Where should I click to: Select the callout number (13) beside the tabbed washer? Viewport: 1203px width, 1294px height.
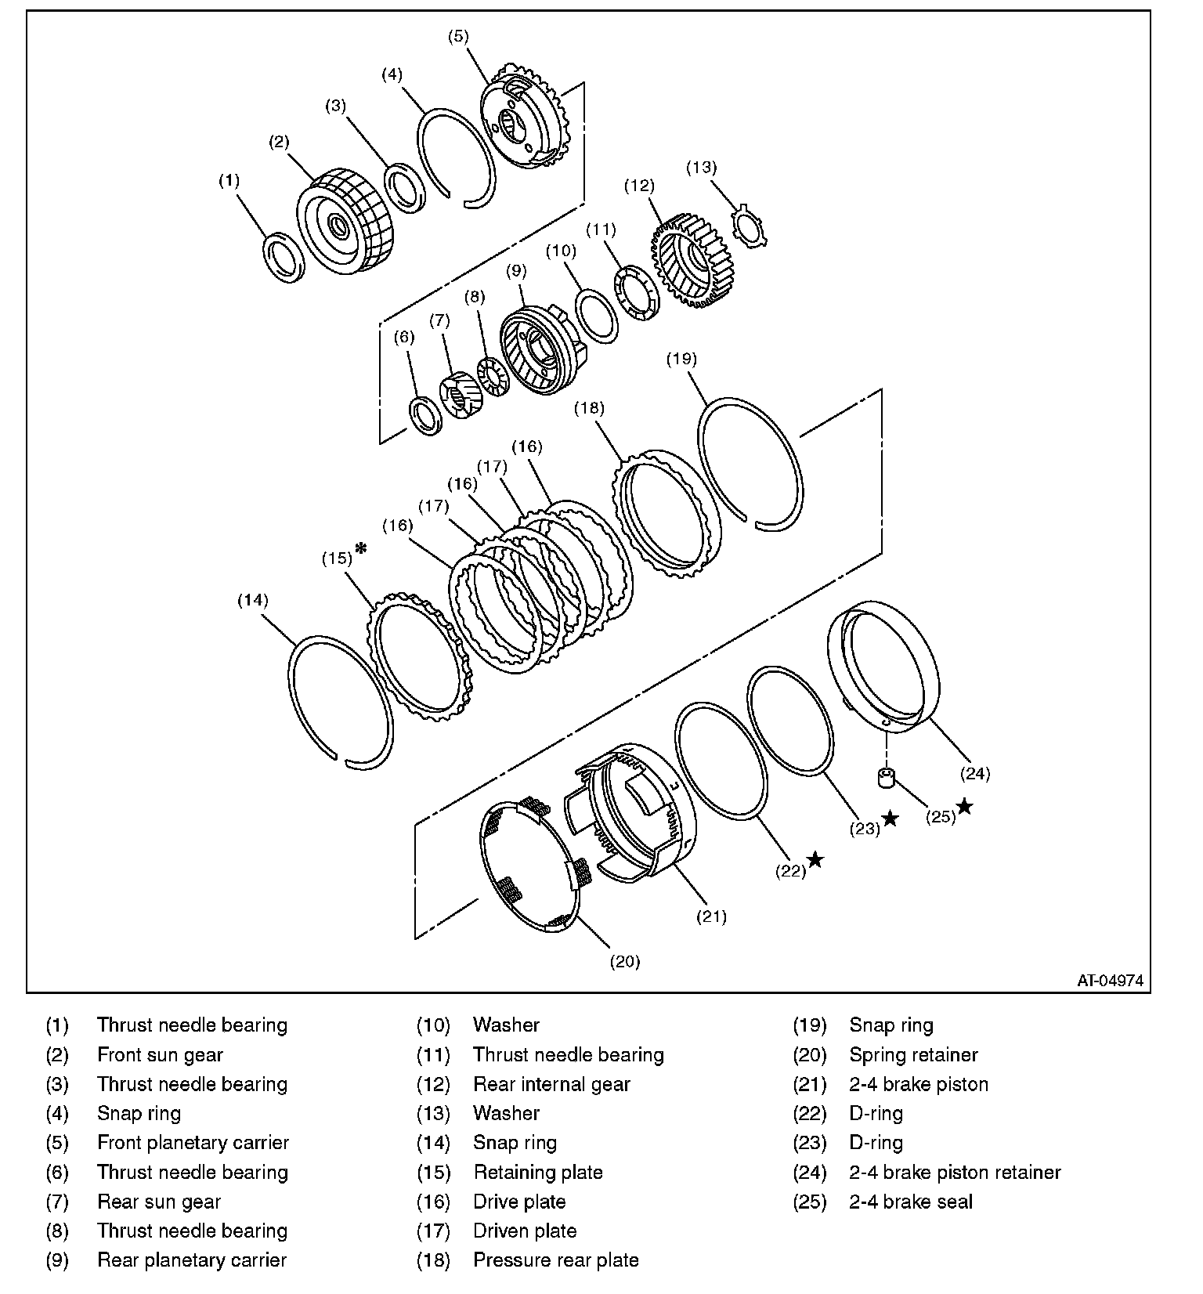[701, 167]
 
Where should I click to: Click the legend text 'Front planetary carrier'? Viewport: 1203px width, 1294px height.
[193, 1143]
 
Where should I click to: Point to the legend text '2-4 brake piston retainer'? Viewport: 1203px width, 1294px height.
[955, 1173]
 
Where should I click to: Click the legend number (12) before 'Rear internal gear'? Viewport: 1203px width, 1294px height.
[433, 1084]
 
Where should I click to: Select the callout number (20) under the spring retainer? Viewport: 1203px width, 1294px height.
[625, 962]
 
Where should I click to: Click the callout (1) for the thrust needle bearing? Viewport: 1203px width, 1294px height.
[229, 181]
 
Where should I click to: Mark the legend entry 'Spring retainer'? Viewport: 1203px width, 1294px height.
[913, 1055]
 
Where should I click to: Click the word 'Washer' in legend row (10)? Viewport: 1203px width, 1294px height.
[506, 1025]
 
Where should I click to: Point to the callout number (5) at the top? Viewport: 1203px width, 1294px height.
[458, 35]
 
